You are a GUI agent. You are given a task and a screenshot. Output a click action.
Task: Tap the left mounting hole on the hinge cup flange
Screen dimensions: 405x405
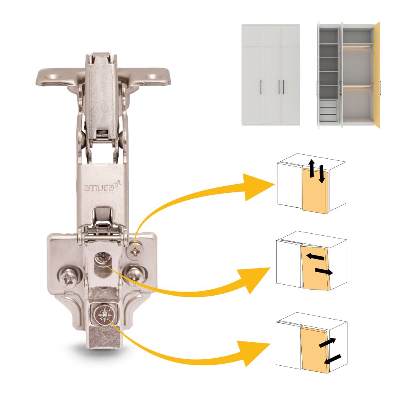click(x=53, y=77)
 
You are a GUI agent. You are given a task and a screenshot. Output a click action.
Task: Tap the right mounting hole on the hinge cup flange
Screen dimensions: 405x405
click(x=152, y=77)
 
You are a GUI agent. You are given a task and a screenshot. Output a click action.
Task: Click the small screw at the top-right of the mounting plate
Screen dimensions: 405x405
click(x=135, y=250)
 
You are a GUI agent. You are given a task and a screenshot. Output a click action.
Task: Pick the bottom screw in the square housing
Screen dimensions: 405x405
click(x=104, y=314)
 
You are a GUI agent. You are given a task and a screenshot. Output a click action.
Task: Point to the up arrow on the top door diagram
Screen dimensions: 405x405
click(x=312, y=168)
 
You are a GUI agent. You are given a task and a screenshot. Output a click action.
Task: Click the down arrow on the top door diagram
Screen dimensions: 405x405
click(x=321, y=174)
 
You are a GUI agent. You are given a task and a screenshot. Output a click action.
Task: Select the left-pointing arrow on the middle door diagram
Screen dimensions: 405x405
click(x=315, y=257)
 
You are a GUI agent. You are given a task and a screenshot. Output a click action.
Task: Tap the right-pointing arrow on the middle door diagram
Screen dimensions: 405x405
click(x=324, y=271)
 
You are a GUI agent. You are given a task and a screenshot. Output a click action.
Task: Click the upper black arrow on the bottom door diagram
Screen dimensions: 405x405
click(x=327, y=343)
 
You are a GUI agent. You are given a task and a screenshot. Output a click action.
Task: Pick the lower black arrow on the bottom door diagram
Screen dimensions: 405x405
click(x=333, y=359)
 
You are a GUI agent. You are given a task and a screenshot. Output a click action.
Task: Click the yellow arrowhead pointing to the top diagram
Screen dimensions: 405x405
click(x=258, y=187)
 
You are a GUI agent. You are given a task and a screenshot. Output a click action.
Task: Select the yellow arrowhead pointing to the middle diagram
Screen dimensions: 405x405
click(x=254, y=280)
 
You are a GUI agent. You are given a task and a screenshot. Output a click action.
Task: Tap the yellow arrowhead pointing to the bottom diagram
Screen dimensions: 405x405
click(x=255, y=353)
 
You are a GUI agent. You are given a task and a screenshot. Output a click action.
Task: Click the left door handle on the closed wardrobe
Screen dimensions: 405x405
click(x=261, y=87)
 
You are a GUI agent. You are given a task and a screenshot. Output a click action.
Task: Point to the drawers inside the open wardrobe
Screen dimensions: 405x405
click(x=328, y=111)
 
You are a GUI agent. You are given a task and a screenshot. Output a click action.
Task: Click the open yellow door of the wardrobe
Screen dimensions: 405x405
click(x=377, y=75)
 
